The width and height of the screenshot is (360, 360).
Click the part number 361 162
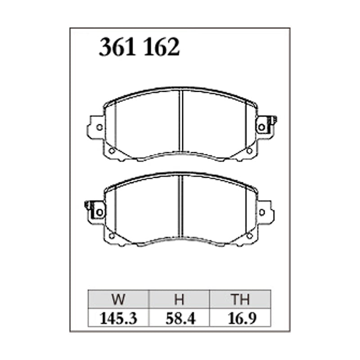point(139,47)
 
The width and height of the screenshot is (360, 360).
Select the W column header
point(118,299)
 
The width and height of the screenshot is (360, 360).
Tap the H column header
point(179,299)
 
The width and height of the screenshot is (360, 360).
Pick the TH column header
point(240,299)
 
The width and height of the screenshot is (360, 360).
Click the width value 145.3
point(118,319)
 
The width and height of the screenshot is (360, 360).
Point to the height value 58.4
point(180,319)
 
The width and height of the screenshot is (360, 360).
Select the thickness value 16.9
point(242,319)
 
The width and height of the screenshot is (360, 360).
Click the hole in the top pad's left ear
point(99,127)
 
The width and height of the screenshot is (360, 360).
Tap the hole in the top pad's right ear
point(262,127)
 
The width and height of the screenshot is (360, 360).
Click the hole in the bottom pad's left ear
point(99,212)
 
